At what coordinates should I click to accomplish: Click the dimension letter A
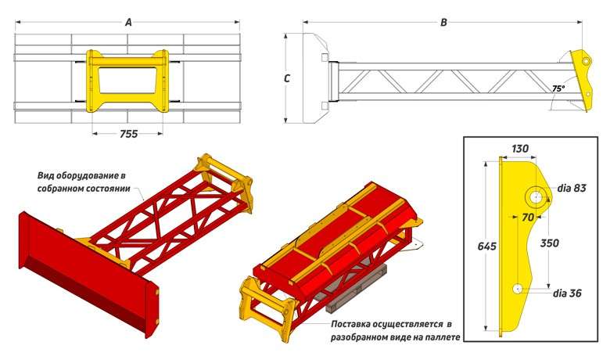click(x=128, y=23)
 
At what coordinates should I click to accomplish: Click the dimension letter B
click(x=443, y=23)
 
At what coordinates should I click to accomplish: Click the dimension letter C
click(x=288, y=78)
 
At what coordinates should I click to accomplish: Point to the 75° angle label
click(x=558, y=89)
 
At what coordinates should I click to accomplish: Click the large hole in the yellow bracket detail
click(x=536, y=194)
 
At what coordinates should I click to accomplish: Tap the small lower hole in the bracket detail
click(x=518, y=289)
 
